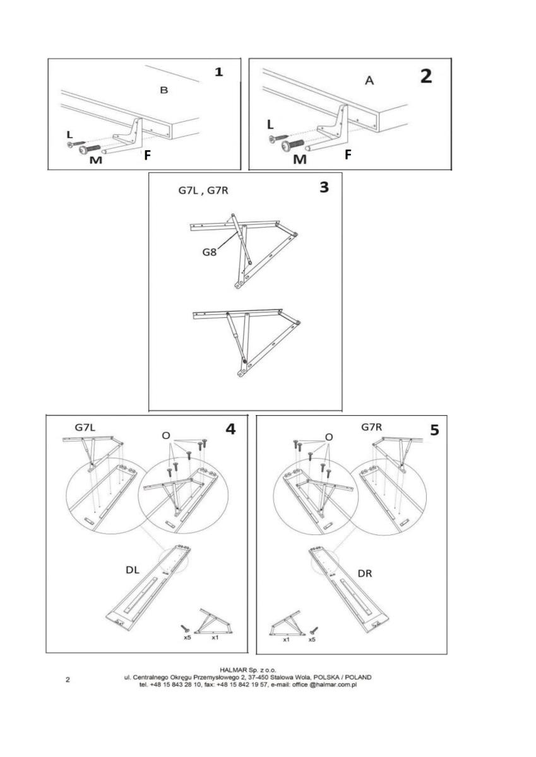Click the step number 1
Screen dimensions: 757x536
click(218, 72)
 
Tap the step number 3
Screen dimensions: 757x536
click(324, 187)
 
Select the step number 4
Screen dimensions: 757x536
click(230, 429)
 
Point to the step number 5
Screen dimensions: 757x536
click(434, 430)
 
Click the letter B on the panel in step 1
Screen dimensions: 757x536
click(164, 91)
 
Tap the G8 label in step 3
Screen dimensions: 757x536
click(211, 252)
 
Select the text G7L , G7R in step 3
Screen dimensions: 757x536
click(203, 190)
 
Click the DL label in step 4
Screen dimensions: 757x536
click(133, 570)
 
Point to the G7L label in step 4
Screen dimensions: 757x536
click(85, 428)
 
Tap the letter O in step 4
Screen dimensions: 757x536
click(166, 435)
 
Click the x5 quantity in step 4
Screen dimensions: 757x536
click(188, 638)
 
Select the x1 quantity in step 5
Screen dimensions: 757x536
click(285, 639)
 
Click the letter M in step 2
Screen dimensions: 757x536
click(300, 159)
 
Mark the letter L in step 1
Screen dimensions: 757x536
click(69, 135)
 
